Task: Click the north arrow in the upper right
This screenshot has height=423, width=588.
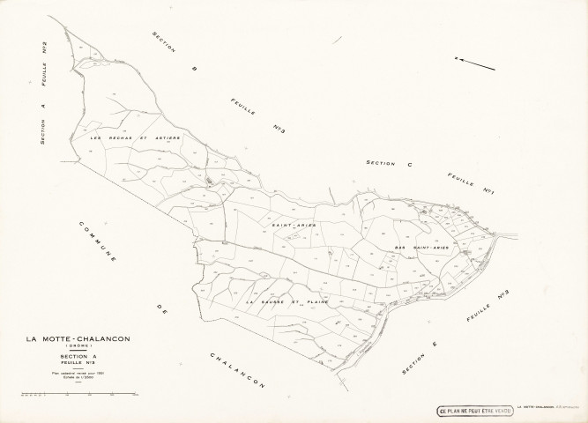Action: (475, 63)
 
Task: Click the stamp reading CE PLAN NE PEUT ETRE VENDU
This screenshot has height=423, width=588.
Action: (474, 409)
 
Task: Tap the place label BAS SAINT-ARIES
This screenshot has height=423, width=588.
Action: (421, 248)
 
